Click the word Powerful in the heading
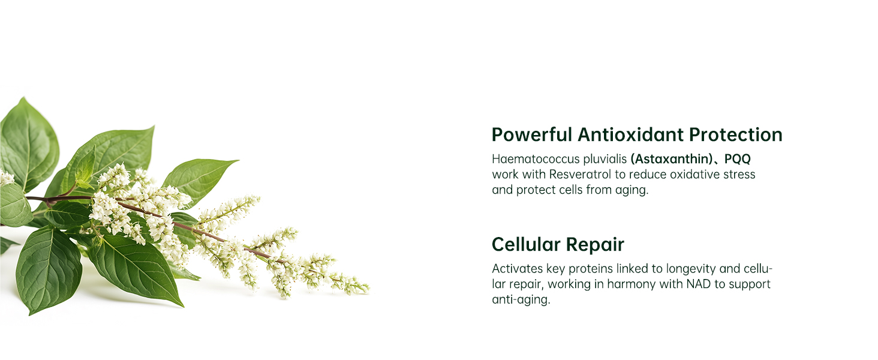click(532, 134)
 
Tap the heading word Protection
click(736, 134)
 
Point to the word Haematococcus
click(536, 159)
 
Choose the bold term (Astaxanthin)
click(672, 159)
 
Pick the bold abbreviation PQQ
click(737, 159)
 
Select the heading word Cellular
click(526, 244)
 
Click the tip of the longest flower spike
click(369, 289)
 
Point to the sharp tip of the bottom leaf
click(183, 306)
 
